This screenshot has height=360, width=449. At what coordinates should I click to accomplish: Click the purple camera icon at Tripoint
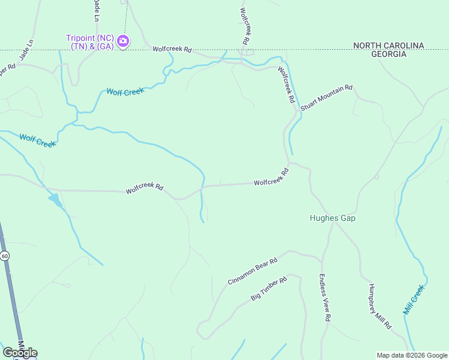click(123, 41)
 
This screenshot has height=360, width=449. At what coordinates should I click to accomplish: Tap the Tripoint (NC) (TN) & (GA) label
click(90, 42)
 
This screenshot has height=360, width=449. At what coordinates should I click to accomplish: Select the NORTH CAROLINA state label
click(388, 46)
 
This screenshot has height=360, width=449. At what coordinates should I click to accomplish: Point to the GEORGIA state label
click(388, 54)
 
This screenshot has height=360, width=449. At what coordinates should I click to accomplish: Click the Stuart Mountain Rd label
click(327, 98)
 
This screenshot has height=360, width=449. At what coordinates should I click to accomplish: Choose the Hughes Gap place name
click(333, 218)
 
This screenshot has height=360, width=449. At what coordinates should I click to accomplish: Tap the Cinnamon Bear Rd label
click(253, 271)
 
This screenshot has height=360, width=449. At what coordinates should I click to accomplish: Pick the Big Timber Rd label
click(271, 289)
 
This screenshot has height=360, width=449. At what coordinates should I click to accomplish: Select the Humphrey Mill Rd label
click(380, 306)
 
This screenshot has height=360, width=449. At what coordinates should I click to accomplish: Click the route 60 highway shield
click(5, 256)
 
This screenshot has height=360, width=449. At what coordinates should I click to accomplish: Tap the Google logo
click(20, 353)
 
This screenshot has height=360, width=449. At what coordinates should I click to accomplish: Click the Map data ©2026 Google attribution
click(412, 355)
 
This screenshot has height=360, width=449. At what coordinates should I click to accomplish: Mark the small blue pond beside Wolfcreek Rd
click(55, 199)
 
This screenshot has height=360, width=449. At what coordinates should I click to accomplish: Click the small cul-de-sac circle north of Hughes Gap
click(376, 177)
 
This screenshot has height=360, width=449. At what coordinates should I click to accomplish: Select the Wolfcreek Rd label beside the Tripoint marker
click(172, 49)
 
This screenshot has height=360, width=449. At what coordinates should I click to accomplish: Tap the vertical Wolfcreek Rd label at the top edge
click(244, 26)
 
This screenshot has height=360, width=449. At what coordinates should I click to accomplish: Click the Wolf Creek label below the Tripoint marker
click(125, 91)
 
